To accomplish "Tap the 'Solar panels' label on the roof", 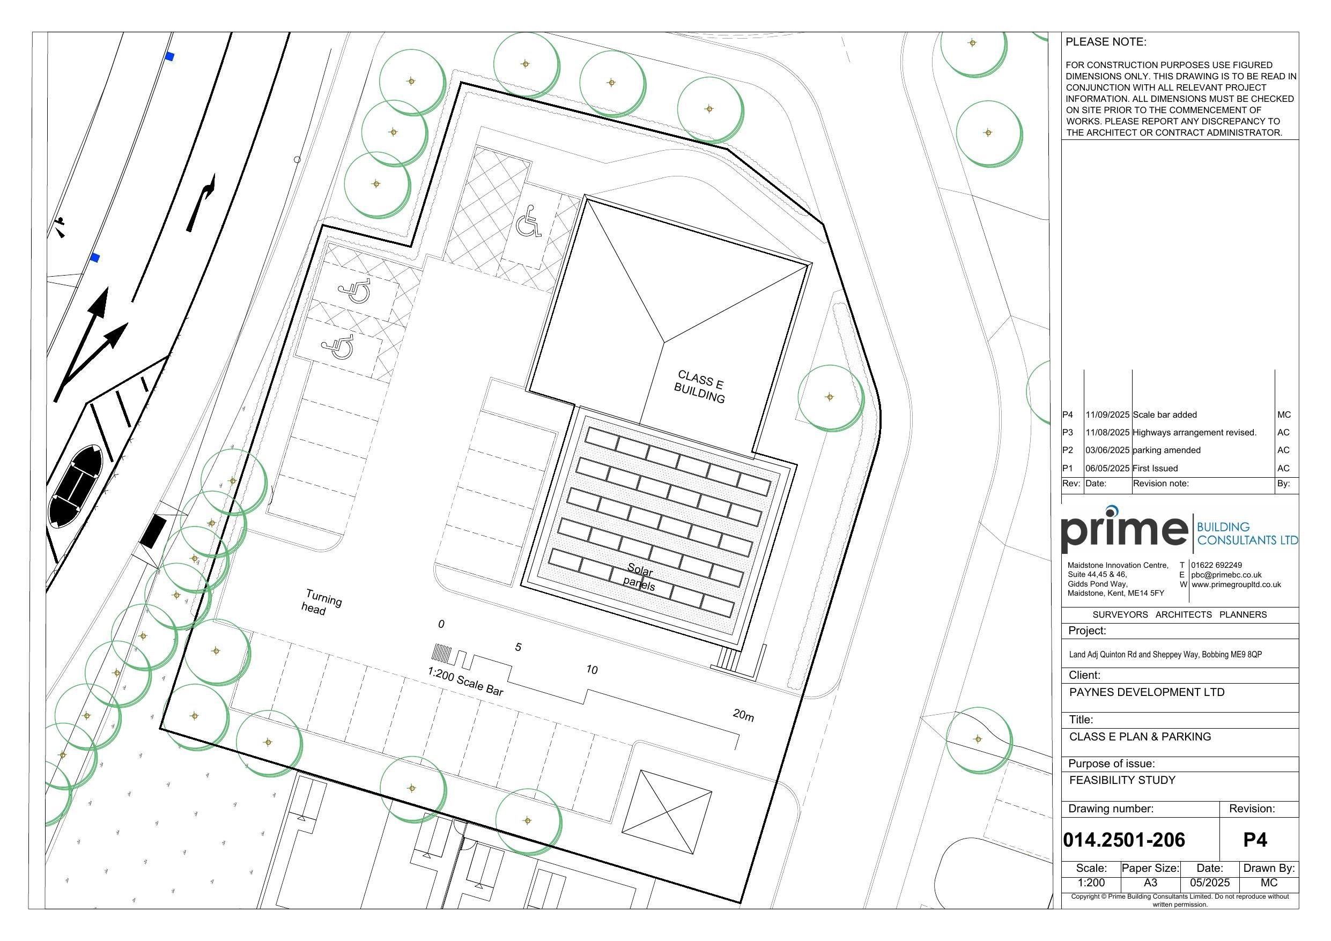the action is click(639, 578).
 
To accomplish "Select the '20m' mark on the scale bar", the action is click(743, 715).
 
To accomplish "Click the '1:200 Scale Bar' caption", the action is click(465, 681).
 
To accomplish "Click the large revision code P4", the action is click(1255, 840).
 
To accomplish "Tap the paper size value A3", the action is click(1150, 883).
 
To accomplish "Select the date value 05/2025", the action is click(1210, 883).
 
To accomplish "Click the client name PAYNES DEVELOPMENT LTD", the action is click(1147, 692).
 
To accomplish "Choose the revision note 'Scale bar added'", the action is click(1165, 415).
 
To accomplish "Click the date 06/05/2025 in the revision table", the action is click(1107, 469).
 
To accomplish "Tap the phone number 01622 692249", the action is click(1216, 565).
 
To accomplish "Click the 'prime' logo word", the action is click(1123, 530).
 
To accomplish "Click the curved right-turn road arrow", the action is click(201, 202).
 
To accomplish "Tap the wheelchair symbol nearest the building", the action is click(528, 221).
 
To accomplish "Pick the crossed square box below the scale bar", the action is click(667, 812).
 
